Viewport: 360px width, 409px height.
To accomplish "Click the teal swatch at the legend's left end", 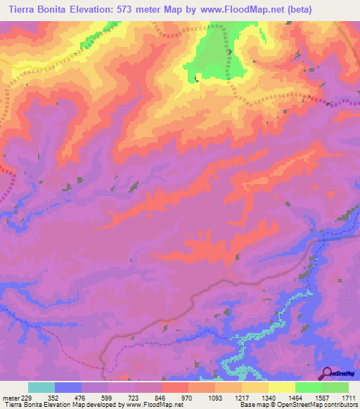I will [x=41, y=387].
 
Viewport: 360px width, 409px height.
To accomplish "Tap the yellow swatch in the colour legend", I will [x=281, y=387].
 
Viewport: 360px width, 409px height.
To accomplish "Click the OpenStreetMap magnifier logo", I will [x=327, y=373].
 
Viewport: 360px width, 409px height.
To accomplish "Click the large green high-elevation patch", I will [x=219, y=56].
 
